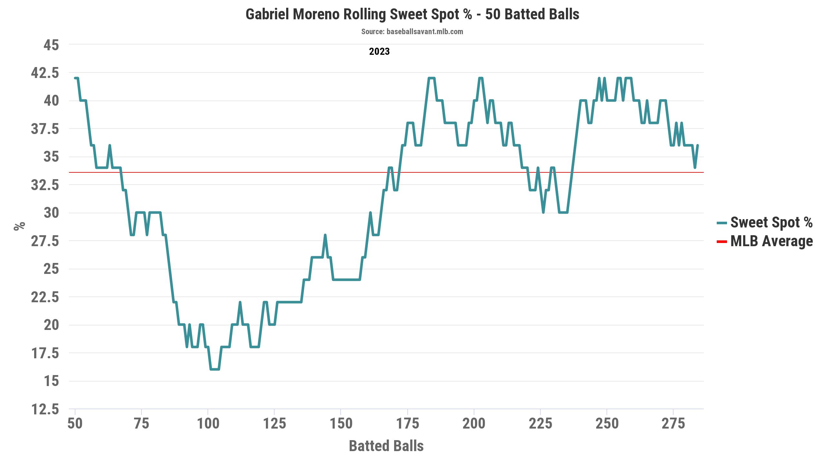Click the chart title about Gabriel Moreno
tap(412, 15)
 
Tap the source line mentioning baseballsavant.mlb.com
tap(412, 32)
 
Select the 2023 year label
tap(379, 52)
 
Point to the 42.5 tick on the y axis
tap(45, 73)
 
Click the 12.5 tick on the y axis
tap(45, 410)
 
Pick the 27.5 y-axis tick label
tap(45, 241)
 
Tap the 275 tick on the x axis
tap(673, 423)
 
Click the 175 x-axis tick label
tap(407, 423)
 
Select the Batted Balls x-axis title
tap(386, 446)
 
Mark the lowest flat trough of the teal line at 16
tap(215, 369)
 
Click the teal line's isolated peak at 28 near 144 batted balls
tap(325, 235)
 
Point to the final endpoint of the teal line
tap(697, 146)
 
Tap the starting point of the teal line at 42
tap(75, 78)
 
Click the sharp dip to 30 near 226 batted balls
tap(543, 212)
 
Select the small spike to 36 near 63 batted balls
tap(110, 146)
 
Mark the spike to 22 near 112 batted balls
tap(240, 302)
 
